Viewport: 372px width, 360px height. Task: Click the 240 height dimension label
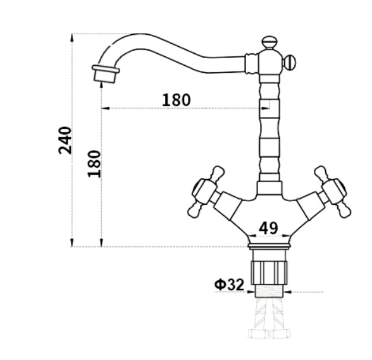(x=65, y=140)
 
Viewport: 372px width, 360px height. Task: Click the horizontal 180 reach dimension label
(x=177, y=100)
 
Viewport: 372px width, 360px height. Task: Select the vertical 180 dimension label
(x=94, y=163)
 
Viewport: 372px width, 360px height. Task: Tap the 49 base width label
(x=268, y=228)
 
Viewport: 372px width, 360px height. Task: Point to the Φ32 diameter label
(x=229, y=285)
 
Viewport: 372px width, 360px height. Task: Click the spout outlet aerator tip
(x=106, y=73)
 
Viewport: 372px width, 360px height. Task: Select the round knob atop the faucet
(x=270, y=43)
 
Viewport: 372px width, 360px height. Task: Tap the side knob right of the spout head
(x=289, y=62)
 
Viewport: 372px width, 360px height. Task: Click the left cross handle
(x=206, y=192)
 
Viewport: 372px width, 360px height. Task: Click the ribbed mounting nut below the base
(x=270, y=272)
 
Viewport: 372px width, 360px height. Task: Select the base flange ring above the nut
(x=270, y=246)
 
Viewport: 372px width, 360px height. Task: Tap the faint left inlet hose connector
(x=258, y=333)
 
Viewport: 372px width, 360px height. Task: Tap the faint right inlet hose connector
(x=280, y=333)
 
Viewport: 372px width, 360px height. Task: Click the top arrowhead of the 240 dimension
(x=72, y=39)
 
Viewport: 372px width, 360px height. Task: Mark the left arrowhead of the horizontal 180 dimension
(x=106, y=108)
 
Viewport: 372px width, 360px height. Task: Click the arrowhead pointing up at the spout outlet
(x=101, y=86)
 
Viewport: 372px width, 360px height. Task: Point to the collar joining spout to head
(x=251, y=63)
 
